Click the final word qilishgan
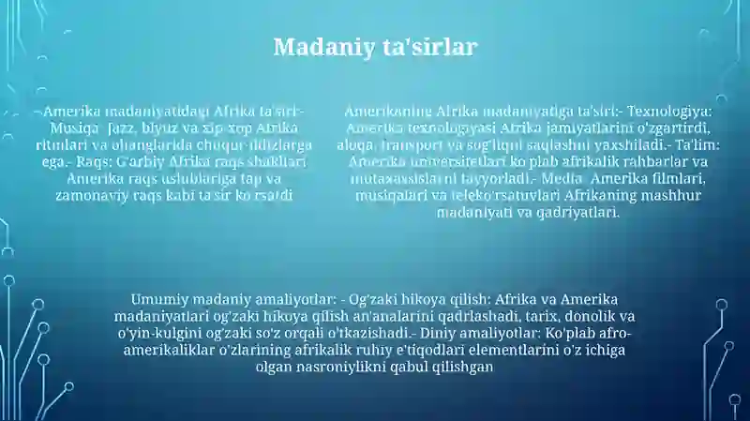click(459, 367)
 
